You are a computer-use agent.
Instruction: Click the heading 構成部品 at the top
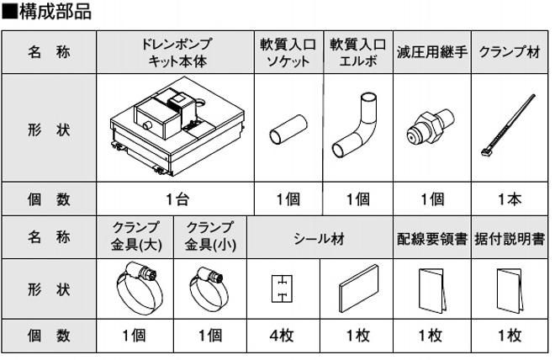coord(52,12)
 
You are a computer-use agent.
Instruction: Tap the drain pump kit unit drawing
coord(176,130)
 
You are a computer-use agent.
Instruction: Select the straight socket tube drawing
coord(283,135)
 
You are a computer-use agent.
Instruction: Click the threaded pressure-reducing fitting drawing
coord(431,130)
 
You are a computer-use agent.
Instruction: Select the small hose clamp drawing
coord(208,286)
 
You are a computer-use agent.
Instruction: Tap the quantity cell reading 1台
coord(176,199)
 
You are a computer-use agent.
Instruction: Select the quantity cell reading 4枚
coord(283,336)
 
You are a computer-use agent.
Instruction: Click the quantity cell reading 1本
coord(509,199)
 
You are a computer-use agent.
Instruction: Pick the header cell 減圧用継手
coord(431,52)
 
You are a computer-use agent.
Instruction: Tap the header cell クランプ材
coord(510,52)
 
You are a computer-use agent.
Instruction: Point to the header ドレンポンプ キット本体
coord(176,52)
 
